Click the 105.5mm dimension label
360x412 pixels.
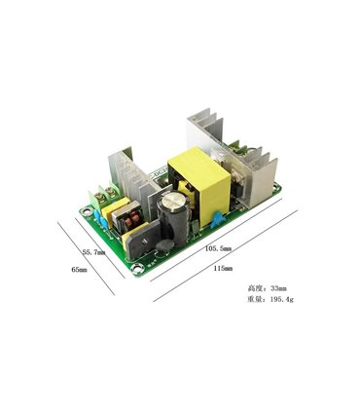coord(218,249)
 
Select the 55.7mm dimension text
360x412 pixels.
coord(95,250)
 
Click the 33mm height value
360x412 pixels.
coord(278,289)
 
